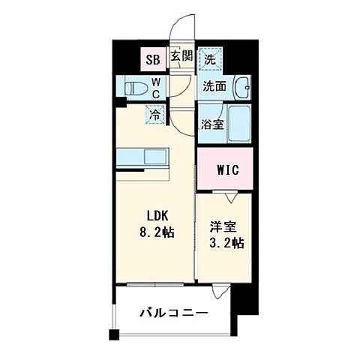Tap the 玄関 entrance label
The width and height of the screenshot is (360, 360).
(181, 56)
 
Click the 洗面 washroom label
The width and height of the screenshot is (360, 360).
(214, 85)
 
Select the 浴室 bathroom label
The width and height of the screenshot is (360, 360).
(211, 125)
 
